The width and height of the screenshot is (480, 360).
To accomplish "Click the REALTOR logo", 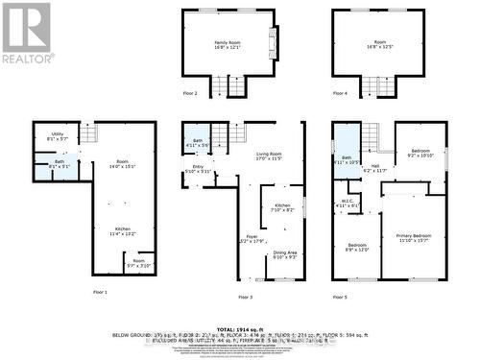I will click(27, 34).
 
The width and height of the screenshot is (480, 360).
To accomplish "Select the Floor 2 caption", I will click(189, 94).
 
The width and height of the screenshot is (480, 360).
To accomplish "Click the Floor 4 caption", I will click(340, 94).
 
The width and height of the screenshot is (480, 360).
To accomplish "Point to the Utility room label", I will click(58, 135).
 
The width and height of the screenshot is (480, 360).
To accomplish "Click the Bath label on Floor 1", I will click(59, 163).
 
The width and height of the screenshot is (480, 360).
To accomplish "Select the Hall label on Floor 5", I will click(377, 167).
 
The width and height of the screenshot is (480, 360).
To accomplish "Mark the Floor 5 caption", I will click(340, 298).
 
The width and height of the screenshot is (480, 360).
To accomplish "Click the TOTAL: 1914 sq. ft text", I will click(240, 328).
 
